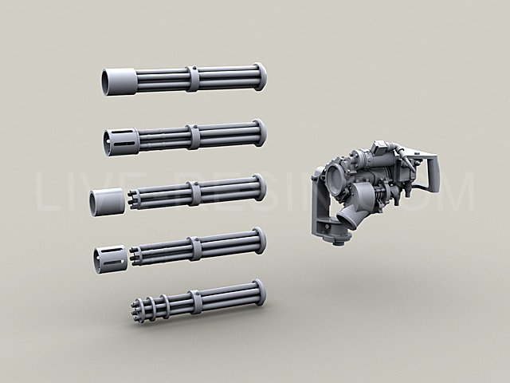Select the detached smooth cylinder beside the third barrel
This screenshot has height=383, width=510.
(107, 202)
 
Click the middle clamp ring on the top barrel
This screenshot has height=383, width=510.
(193, 78)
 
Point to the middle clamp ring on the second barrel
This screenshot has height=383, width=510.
(194, 136)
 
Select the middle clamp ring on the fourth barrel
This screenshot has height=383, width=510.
(194, 248)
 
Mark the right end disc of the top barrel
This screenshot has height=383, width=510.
(260, 76)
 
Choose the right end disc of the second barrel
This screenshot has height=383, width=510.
(260, 132)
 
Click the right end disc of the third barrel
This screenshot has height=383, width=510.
(260, 188)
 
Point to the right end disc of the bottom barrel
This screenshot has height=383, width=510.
(259, 293)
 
